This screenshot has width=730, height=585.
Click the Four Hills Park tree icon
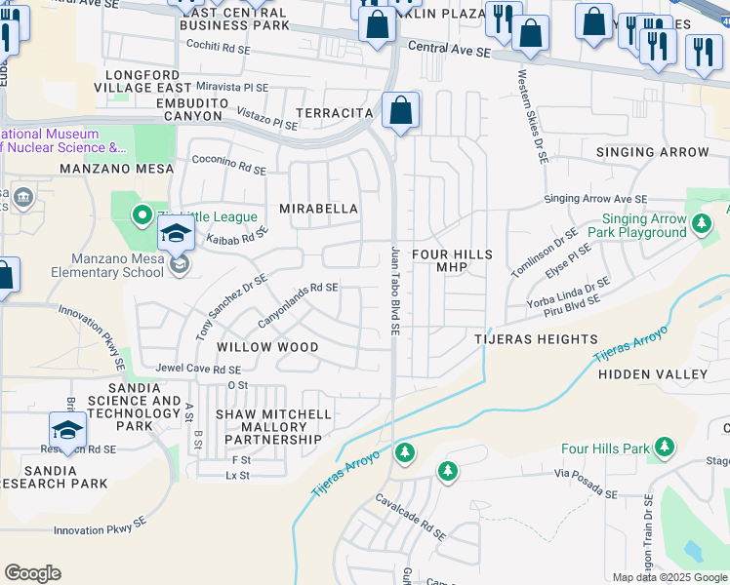click(x=665, y=448)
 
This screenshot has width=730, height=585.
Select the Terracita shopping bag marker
click(x=400, y=111)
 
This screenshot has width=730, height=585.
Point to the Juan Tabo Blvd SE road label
click(x=396, y=291)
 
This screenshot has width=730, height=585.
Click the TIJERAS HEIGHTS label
click(x=536, y=339)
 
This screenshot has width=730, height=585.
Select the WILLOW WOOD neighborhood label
click(x=266, y=347)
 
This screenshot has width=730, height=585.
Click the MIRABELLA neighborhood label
click(x=318, y=209)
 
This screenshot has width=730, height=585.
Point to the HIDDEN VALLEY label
click(x=652, y=374)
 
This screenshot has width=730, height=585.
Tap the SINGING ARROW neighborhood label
click(x=653, y=152)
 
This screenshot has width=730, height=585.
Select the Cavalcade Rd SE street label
click(x=411, y=517)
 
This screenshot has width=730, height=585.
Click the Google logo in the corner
click(x=32, y=573)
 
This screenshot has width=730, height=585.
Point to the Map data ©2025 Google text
click(x=669, y=577)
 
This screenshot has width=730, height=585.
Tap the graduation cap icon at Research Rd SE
click(x=66, y=430)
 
